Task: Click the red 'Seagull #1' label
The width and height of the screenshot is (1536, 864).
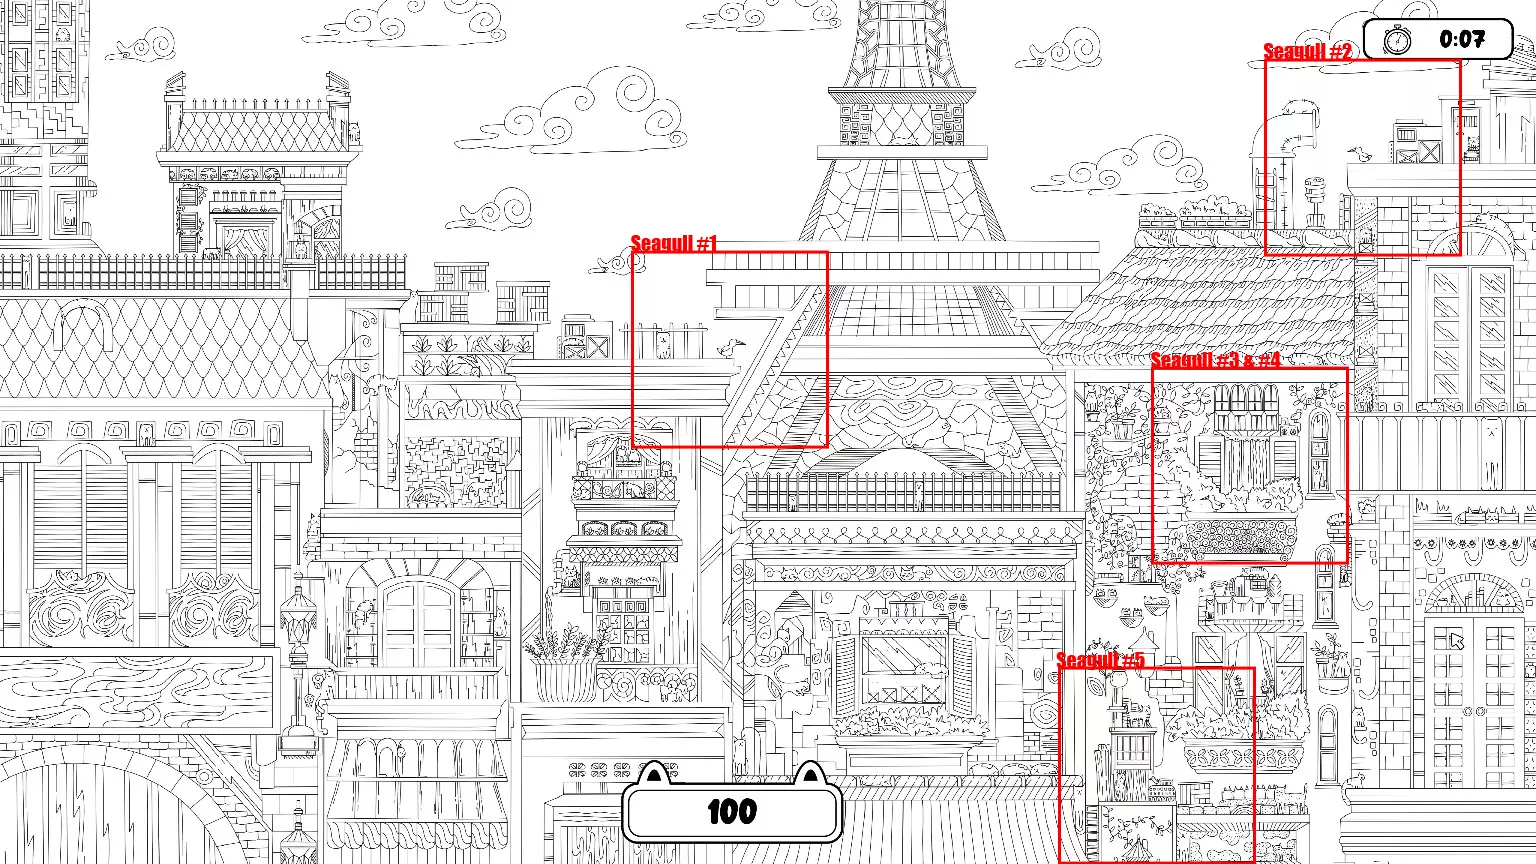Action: tap(673, 243)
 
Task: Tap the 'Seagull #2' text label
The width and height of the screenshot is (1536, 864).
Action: tap(1307, 51)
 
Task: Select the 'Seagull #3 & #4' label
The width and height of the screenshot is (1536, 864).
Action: tap(1216, 360)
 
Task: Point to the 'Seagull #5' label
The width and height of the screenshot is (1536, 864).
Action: tap(1101, 660)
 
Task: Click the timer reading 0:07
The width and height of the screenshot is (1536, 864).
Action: tap(1462, 39)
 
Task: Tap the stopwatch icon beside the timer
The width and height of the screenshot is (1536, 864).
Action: tap(1397, 39)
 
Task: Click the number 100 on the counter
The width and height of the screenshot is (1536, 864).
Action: tap(732, 812)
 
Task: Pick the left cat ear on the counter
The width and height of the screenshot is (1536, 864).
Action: tap(655, 773)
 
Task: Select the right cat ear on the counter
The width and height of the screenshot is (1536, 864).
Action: tap(811, 773)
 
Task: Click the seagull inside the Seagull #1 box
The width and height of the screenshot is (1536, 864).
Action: tap(731, 347)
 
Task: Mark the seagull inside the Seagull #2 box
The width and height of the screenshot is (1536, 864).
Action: tap(1359, 154)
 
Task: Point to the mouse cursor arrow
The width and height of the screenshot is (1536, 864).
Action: tap(1456, 641)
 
